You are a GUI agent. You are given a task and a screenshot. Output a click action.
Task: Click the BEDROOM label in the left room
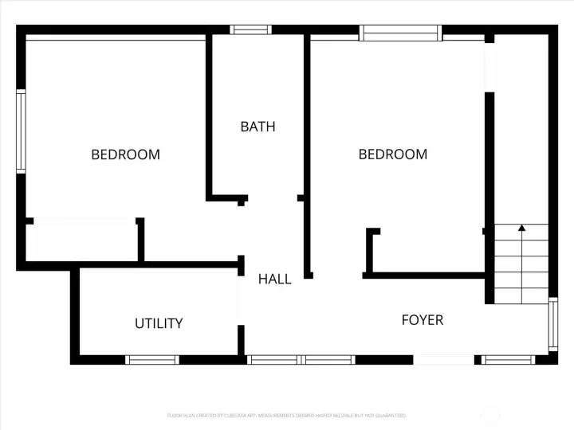tap(125, 154)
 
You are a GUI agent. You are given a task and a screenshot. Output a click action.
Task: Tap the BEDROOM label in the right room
tap(392, 154)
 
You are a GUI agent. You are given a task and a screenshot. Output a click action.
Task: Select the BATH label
tap(258, 127)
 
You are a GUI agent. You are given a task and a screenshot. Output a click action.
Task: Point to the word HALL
tap(274, 279)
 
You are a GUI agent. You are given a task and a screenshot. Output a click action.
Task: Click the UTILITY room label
tap(159, 323)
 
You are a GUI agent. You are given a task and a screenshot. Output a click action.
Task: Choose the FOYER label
tap(422, 320)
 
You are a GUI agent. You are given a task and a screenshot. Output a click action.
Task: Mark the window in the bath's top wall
tap(251, 30)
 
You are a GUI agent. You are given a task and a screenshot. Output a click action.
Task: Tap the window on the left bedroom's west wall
tap(22, 131)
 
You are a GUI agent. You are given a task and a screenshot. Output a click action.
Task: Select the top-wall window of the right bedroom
tap(400, 33)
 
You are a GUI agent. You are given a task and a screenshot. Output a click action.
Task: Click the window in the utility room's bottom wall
tap(153, 360)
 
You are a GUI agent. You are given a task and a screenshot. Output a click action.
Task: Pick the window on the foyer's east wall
tap(552, 324)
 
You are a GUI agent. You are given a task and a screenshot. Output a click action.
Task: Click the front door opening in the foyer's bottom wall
tap(444, 360)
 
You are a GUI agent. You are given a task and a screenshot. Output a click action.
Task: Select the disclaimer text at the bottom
tap(286, 415)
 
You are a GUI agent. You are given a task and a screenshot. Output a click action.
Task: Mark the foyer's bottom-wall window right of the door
tap(508, 360)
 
